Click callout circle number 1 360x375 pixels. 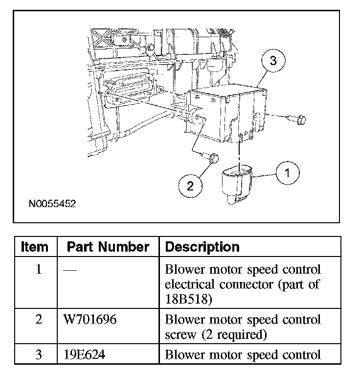coord(287,173)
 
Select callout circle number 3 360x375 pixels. coord(273,61)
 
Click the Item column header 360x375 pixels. coord(35,246)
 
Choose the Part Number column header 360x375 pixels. coord(108,246)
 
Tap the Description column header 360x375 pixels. coord(202,246)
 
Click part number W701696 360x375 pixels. coord(90,320)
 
